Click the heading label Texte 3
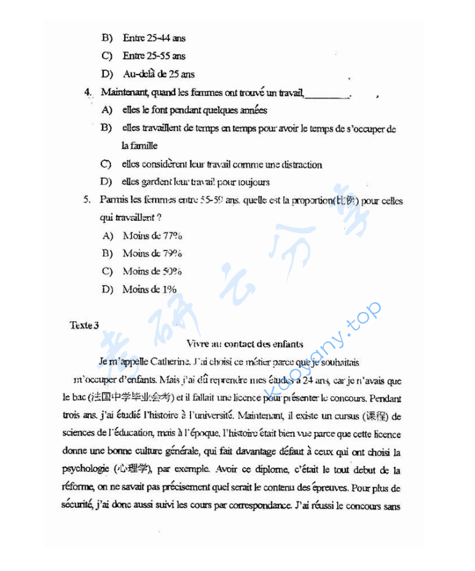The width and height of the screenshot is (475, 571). pos(84,325)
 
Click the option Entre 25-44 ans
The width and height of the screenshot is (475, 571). pos(154,38)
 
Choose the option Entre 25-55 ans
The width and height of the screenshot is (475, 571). pos(154,56)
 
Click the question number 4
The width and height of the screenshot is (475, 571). pos(88,93)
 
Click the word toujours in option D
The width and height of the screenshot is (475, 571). pos(253,182)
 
